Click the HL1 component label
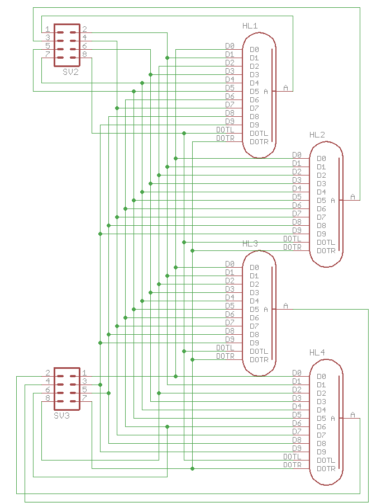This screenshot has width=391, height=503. click(250, 26)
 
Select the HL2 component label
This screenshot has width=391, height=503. click(317, 135)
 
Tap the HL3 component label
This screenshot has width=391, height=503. click(250, 244)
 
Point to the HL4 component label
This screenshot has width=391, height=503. click(317, 353)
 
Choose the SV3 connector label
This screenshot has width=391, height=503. click(61, 416)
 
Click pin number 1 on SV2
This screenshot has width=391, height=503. click(48, 29)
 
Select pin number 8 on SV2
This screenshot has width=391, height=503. click(84, 54)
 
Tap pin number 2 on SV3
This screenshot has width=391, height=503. click(48, 373)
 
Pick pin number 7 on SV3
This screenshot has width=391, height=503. click(84, 398)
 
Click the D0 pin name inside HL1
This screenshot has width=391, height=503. click(254, 50)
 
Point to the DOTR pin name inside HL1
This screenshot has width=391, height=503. click(259, 142)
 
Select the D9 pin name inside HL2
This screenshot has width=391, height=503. click(321, 234)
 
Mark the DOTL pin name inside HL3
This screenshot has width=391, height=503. click(259, 351)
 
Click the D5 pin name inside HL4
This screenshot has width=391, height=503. click(321, 418)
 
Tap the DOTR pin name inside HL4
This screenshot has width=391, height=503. click(326, 468)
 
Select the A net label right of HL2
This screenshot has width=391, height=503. click(352, 196)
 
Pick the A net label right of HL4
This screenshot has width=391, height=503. click(352, 414)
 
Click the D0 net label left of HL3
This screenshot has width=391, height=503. click(230, 263)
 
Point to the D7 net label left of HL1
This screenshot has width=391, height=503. click(230, 104)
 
